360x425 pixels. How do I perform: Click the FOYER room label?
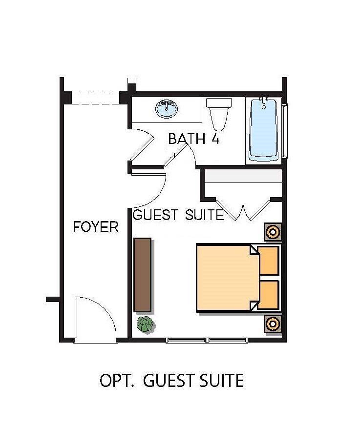[96, 226]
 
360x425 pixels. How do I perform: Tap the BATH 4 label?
[194, 139]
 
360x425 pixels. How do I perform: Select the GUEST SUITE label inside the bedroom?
[178, 215]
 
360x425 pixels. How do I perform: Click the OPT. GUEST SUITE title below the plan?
[172, 380]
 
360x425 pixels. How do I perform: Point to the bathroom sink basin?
[167, 109]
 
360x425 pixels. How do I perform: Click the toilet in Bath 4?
[219, 114]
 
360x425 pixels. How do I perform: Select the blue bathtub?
[264, 130]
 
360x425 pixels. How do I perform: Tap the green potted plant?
[145, 324]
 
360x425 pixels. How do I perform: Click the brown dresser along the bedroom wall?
[143, 275]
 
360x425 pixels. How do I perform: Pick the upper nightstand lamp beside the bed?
[273, 232]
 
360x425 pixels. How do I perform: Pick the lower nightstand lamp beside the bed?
[273, 324]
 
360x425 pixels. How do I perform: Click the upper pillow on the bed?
[268, 261]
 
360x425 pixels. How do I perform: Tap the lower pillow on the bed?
[268, 295]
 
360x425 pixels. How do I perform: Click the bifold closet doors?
[243, 210]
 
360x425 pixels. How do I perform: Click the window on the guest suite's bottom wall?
[207, 340]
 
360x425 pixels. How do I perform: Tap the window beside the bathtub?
[285, 131]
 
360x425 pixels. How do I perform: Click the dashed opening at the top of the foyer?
[95, 98]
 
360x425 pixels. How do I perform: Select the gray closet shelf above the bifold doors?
[243, 176]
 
